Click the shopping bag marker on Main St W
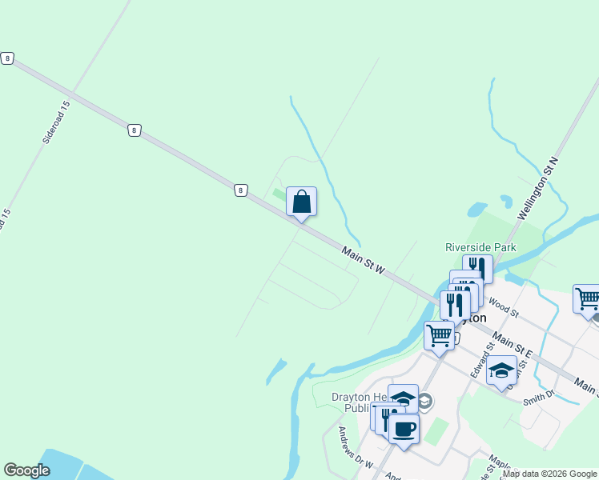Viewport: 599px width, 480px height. pos(301,202)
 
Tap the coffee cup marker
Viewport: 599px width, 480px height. pos(404,429)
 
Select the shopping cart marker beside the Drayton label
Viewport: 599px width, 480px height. pos(439,336)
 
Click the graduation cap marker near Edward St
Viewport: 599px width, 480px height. pos(501,370)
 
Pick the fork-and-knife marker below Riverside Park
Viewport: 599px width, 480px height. pos(477,268)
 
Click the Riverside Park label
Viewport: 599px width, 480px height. pos(480,248)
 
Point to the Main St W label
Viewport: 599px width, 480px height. pos(364,262)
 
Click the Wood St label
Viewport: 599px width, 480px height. pos(505,306)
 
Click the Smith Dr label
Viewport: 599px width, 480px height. pos(539,396)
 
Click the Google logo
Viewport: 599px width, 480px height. pos(26,470)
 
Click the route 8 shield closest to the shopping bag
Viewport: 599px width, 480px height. pos(240,190)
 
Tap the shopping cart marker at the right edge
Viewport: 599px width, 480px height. pos(588,298)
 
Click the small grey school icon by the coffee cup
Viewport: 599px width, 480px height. pos(425,401)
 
